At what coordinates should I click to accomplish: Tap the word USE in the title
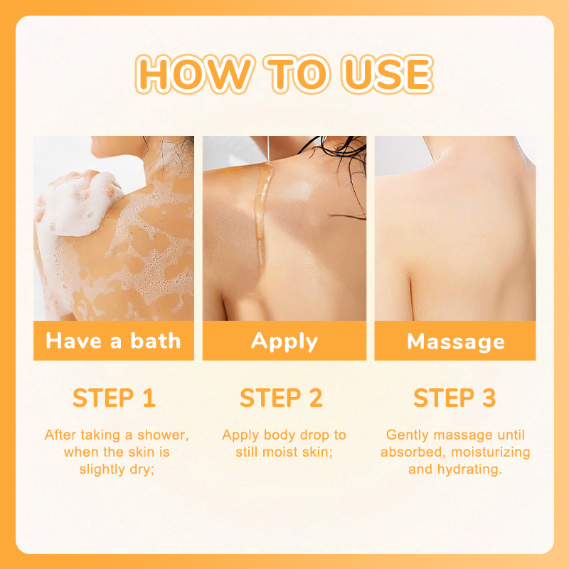coord(387,74)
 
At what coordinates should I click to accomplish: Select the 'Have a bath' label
coord(114,341)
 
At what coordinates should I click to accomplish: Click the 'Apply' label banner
coord(284,341)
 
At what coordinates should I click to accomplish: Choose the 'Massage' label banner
coord(455,341)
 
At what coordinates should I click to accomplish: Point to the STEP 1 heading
coord(115,398)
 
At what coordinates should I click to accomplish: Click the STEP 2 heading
coord(281,398)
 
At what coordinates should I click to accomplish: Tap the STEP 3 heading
coord(454,398)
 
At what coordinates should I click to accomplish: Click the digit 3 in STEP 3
coord(489,398)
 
